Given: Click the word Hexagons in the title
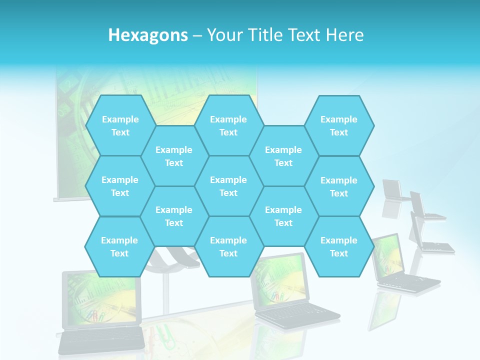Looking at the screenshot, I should coord(148,35).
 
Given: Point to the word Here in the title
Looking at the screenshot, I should coord(344,35).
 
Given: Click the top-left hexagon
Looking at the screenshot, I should coord(120,125).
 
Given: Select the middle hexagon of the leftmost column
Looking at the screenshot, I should coord(120,186).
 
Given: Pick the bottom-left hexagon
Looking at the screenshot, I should coord(119,246).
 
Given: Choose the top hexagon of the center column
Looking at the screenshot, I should coord(228,125).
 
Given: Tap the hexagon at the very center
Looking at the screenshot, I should coord(228,186).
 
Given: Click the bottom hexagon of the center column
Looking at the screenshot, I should coord(228,246).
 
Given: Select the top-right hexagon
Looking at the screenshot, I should coord(339,125).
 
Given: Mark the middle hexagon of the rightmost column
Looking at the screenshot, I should coord(339,186).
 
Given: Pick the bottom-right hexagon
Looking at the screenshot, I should coord(339,246).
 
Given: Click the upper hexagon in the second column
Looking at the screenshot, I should coord(174,156).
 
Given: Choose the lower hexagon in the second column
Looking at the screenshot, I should coord(174,216).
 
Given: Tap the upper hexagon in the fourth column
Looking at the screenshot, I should coord(283,156).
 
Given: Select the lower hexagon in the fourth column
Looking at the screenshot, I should coord(283,216).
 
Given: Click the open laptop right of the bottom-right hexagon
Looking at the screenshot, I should coord(400,265).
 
